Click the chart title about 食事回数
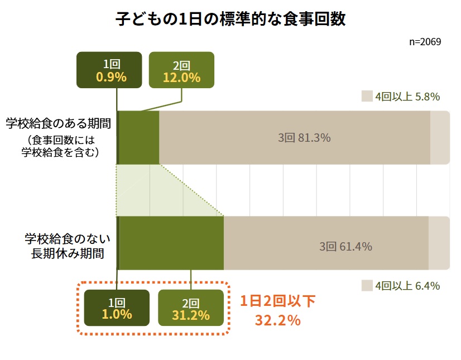click(231, 20)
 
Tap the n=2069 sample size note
click(425, 42)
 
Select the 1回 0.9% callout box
click(110, 70)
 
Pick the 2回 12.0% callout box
click(182, 70)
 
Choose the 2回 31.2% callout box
click(191, 308)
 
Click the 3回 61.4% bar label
click(345, 246)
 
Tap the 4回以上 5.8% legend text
click(407, 97)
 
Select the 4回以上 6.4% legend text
click(407, 286)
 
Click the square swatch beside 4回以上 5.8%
click(366, 96)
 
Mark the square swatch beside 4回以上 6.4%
click(366, 285)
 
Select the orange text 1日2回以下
click(278, 302)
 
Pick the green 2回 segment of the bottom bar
click(171, 243)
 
